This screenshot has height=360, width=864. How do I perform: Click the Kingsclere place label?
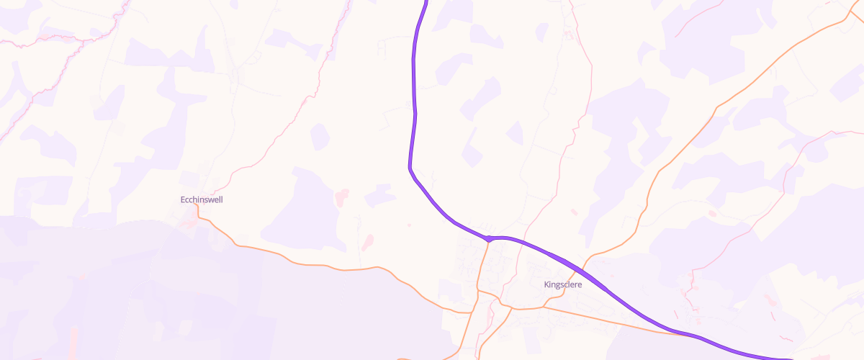562,284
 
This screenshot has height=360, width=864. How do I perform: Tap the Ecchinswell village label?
201,199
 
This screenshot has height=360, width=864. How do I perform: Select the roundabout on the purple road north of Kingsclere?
488,238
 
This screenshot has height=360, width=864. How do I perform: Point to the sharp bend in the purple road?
410,168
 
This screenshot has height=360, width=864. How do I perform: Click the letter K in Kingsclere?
546,284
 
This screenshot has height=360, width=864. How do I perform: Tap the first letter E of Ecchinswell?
182,199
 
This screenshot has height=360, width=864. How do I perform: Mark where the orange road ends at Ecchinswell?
195,206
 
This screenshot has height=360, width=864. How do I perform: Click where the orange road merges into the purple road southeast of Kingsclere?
677,333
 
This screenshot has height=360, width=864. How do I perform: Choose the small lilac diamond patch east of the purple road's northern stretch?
514,132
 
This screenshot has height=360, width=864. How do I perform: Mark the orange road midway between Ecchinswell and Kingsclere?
346,270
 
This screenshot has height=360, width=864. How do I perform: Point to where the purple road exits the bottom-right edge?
788,358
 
